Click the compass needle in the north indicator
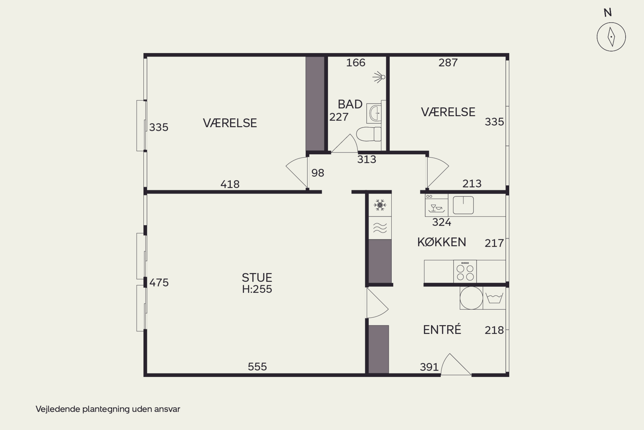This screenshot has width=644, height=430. point(611,37)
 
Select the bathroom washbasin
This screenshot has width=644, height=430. point(374,113)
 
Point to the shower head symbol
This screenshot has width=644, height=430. point(379,77)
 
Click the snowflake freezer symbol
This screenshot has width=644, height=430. point(380,205)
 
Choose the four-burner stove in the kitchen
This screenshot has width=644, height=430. point(465,272)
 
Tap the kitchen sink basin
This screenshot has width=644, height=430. point(463,205)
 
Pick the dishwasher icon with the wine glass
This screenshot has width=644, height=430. point(436,205)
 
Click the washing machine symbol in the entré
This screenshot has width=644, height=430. point(494,298)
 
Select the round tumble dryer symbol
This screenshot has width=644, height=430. point(471,298)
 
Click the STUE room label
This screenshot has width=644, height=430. point(257,278)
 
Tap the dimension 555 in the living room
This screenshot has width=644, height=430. point(257,367)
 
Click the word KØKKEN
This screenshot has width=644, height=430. point(442,242)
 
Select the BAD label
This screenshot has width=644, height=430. point(350,104)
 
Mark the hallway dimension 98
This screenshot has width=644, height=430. point(318,173)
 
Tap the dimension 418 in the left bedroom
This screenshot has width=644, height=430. point(230,184)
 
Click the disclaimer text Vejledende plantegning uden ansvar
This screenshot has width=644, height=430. point(108,409)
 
